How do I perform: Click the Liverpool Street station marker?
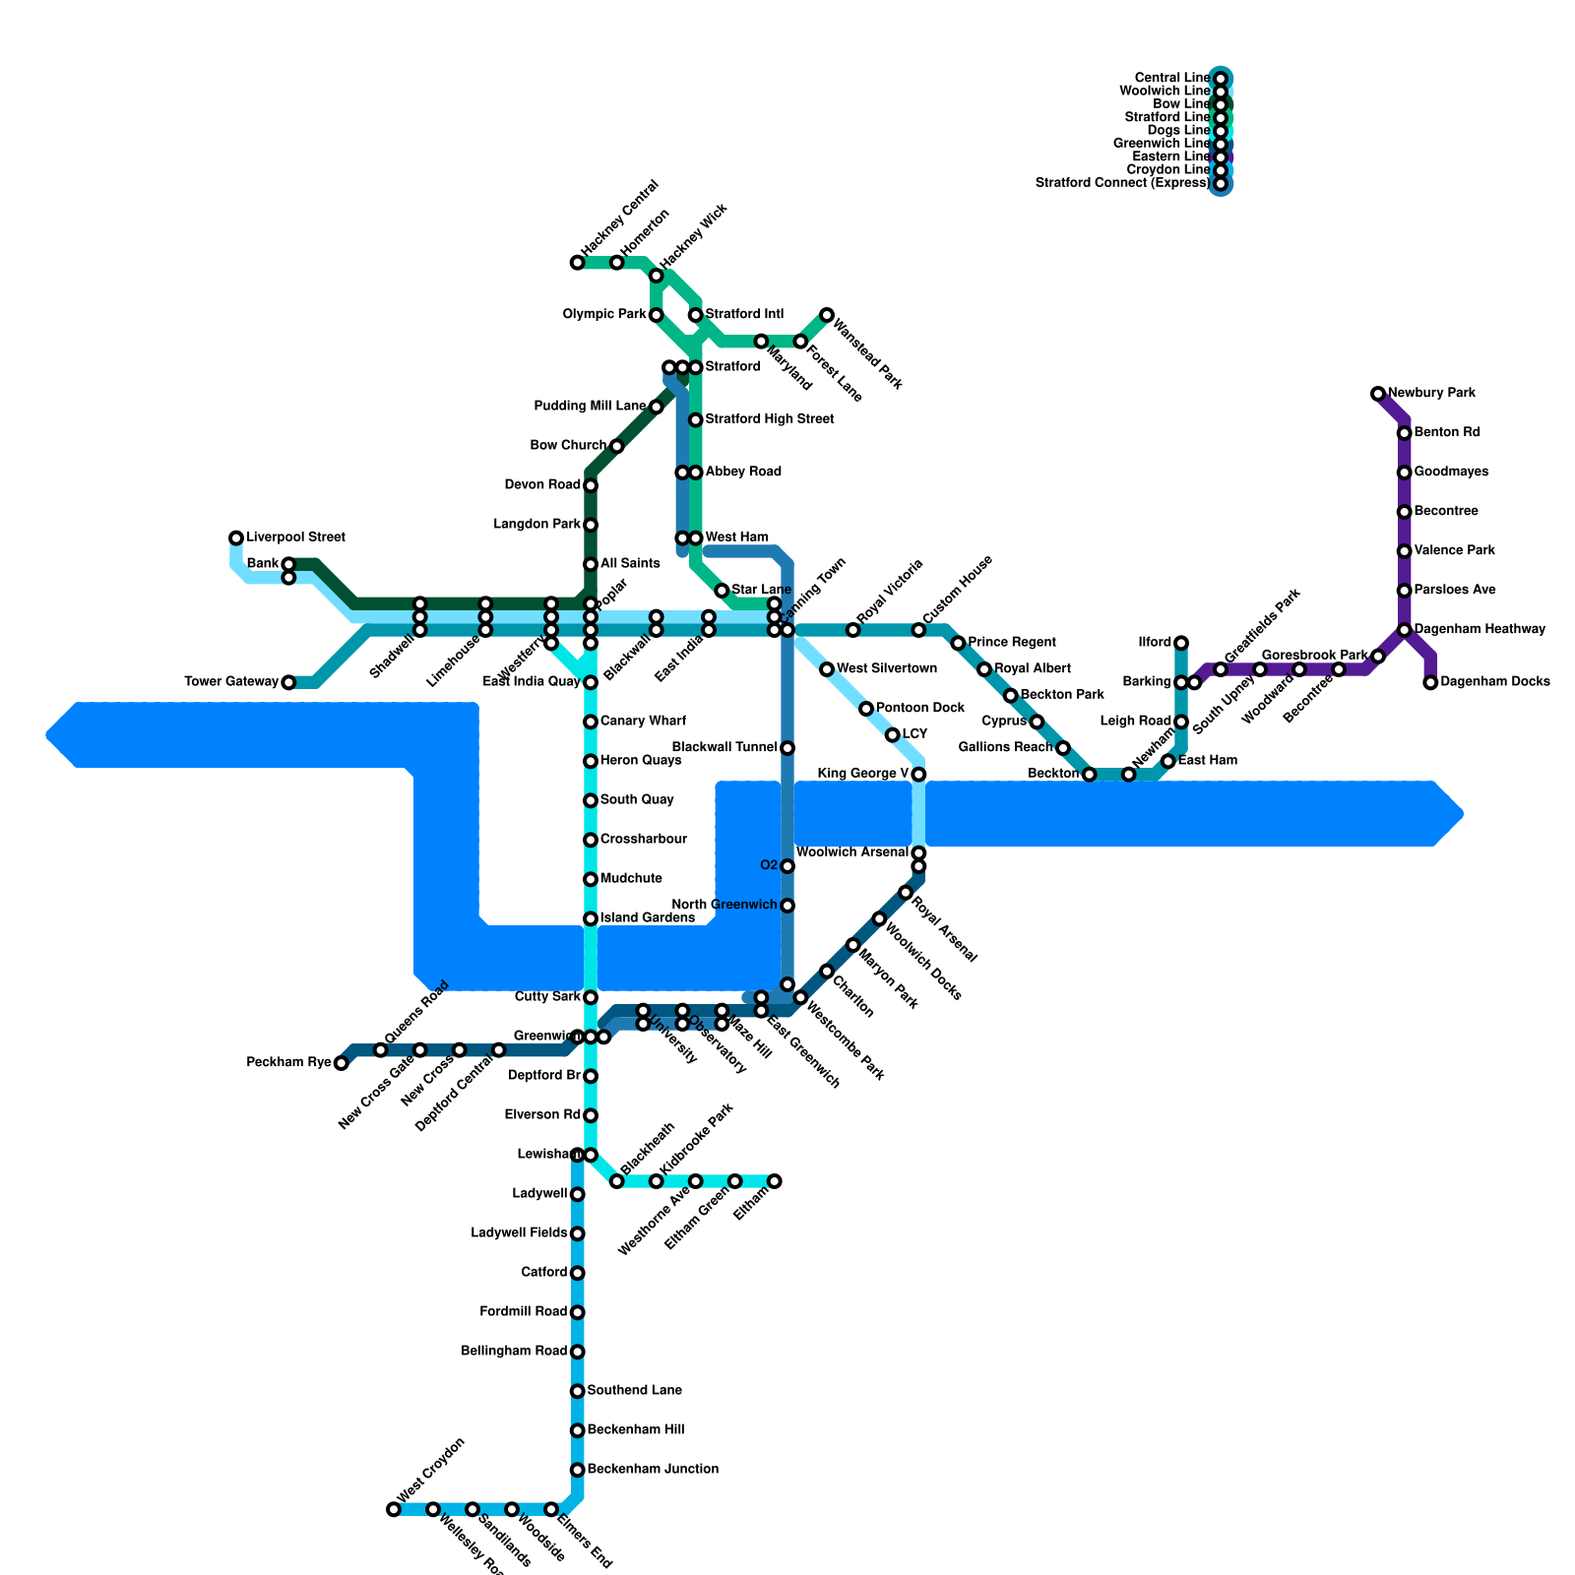[x=236, y=537]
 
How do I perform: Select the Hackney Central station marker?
[x=577, y=263]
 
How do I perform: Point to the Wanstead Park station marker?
[x=827, y=315]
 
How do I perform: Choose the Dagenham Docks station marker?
[x=1430, y=682]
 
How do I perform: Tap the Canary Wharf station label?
[x=643, y=722]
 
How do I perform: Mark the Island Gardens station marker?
[x=591, y=918]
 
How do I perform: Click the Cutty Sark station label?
[x=547, y=997]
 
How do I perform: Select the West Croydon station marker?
[x=394, y=1509]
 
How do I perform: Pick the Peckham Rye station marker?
[x=341, y=1063]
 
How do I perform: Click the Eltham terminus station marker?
[x=775, y=1181]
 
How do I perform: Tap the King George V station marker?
[x=918, y=775]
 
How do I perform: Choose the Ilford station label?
[x=1154, y=643]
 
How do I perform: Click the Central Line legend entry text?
[x=1171, y=78]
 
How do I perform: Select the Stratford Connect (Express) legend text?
[x=1122, y=183]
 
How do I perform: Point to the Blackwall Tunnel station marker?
[x=787, y=748]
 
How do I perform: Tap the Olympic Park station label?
[x=604, y=315]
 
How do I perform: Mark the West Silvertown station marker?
[x=827, y=669]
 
